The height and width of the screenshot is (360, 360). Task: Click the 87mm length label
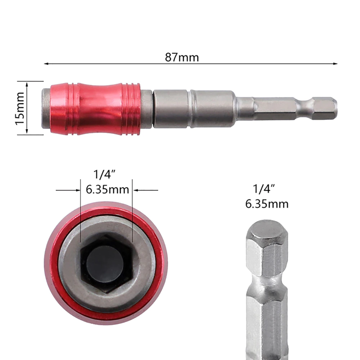click(x=182, y=57)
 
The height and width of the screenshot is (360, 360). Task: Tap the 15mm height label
click(x=20, y=108)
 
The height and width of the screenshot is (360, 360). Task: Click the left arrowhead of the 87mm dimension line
click(x=46, y=64)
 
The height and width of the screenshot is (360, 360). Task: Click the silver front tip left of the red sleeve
click(x=45, y=108)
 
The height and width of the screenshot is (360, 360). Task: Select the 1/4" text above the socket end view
click(x=104, y=175)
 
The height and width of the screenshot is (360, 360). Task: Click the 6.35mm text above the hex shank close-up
click(x=267, y=204)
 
